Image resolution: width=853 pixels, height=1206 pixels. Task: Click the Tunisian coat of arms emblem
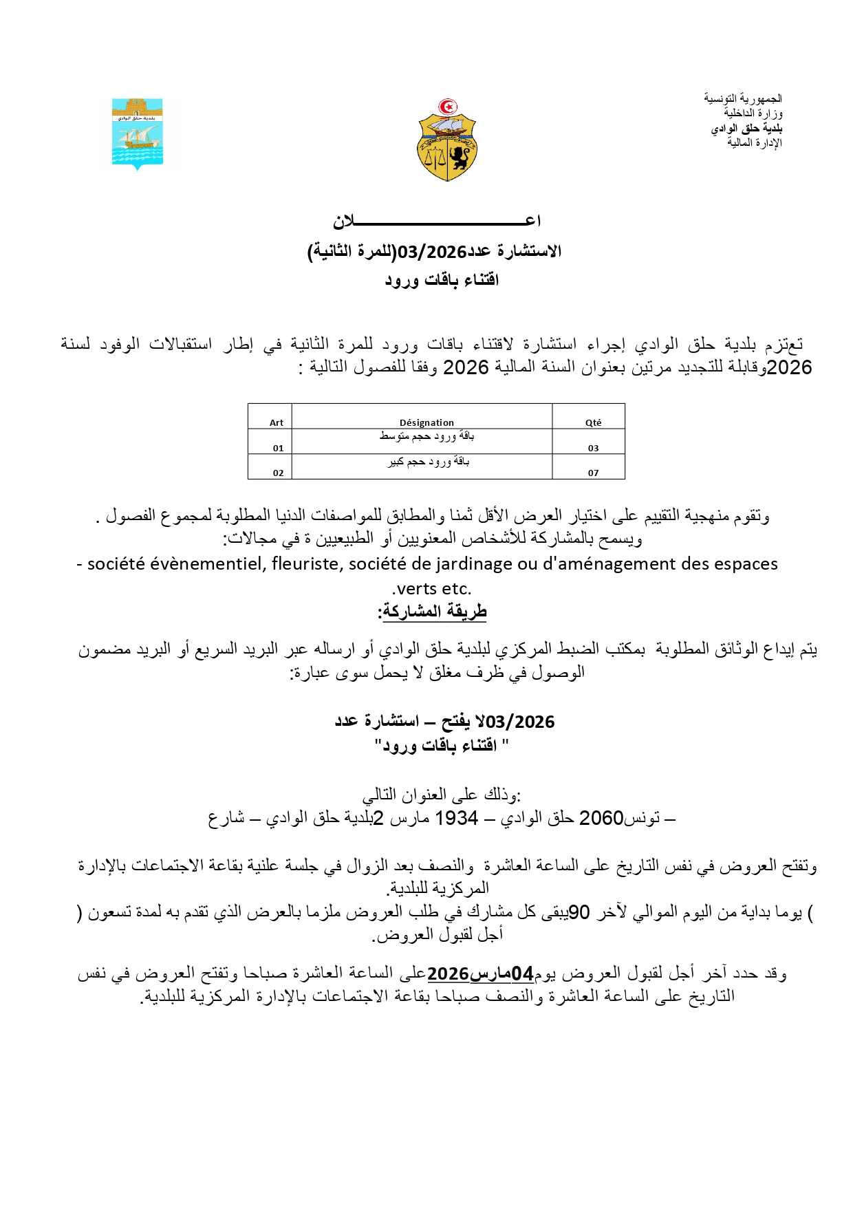click(447, 140)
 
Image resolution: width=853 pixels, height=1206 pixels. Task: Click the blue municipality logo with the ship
click(138, 134)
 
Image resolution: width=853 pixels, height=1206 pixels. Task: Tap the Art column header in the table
click(277, 422)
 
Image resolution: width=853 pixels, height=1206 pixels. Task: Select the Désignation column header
click(426, 422)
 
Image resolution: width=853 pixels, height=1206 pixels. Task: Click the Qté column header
click(593, 422)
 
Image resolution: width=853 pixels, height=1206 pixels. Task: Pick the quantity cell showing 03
click(593, 448)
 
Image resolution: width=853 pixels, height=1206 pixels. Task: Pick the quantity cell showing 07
click(593, 473)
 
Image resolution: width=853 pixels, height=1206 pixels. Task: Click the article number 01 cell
click(278, 448)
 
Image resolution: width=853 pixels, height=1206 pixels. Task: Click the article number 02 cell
click(278, 473)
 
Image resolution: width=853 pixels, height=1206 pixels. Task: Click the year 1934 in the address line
click(457, 818)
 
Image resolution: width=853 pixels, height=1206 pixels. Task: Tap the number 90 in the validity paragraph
click(579, 912)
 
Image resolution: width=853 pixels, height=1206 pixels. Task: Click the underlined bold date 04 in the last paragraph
click(522, 974)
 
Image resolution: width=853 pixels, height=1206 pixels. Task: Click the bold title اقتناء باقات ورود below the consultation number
click(442, 280)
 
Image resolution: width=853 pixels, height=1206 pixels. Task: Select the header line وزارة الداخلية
click(753, 114)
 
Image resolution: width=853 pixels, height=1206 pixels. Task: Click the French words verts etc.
click(432, 589)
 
